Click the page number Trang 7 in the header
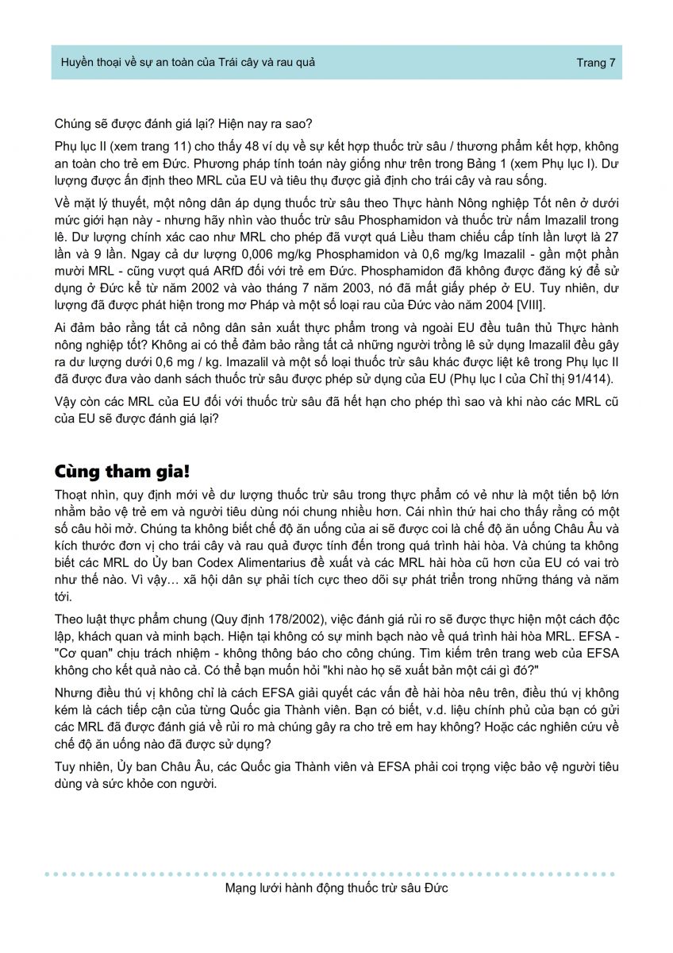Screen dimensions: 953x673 (x=596, y=63)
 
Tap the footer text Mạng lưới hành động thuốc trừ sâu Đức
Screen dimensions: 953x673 (x=336, y=888)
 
